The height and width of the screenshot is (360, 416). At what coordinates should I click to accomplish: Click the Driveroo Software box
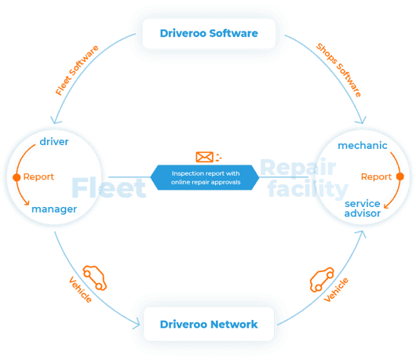[209, 34]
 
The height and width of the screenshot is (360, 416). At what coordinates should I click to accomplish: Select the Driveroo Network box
[209, 324]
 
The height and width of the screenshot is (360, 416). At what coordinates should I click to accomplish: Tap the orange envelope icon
[204, 157]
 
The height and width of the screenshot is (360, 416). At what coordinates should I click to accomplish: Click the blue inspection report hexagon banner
[205, 177]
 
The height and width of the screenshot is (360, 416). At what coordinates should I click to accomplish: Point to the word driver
[54, 141]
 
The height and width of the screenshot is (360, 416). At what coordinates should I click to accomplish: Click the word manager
[54, 209]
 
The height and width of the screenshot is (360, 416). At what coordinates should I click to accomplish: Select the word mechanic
[363, 146]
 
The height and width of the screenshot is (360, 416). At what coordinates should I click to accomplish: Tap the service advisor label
[363, 209]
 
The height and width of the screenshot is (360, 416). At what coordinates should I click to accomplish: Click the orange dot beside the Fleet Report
[16, 177]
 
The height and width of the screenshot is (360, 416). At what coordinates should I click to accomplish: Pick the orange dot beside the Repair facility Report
[400, 176]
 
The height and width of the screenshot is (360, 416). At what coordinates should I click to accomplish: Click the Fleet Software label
[77, 71]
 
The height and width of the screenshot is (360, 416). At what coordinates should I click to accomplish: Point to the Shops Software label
[339, 70]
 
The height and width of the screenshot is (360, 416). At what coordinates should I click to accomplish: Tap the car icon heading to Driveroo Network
[95, 278]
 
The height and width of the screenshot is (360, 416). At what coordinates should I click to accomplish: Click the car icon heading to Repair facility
[322, 280]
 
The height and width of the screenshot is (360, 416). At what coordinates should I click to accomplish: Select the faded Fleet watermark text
[109, 188]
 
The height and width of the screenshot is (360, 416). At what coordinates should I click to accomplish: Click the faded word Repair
[298, 168]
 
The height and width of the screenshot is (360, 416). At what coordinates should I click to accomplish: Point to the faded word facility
[308, 189]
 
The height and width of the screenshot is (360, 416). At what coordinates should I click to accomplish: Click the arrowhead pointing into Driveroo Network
[137, 324]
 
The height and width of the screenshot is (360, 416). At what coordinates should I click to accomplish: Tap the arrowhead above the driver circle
[55, 121]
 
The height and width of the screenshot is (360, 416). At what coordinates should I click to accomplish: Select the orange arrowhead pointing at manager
[27, 203]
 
